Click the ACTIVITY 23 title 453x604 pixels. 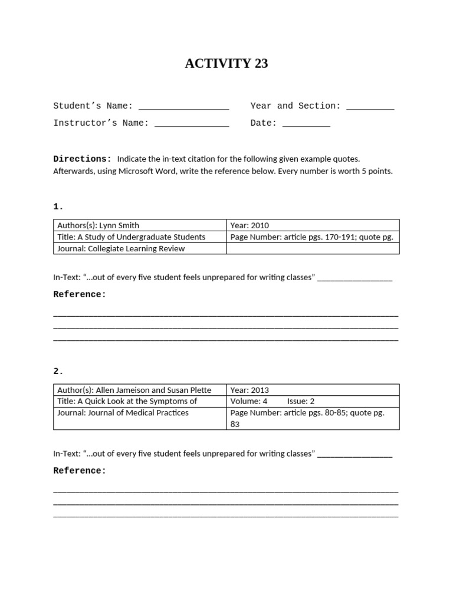(x=226, y=64)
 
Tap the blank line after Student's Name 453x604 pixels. (x=183, y=107)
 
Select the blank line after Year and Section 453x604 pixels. (x=370, y=107)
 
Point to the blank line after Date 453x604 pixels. (x=306, y=124)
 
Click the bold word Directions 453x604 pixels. (x=82, y=159)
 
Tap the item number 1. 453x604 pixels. (x=58, y=206)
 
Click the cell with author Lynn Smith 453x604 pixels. (x=140, y=225)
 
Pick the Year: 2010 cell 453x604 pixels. (x=313, y=225)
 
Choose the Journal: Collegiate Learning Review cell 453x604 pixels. (x=140, y=248)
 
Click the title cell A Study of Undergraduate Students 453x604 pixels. (x=140, y=237)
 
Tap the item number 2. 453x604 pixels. (x=58, y=372)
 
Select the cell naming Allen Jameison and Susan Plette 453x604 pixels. (x=140, y=390)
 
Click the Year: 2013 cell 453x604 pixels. (x=313, y=390)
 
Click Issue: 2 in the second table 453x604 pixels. (x=301, y=401)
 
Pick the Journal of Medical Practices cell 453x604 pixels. (x=140, y=413)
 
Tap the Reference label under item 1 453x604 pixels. (x=80, y=294)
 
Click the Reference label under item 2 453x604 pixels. (x=80, y=471)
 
